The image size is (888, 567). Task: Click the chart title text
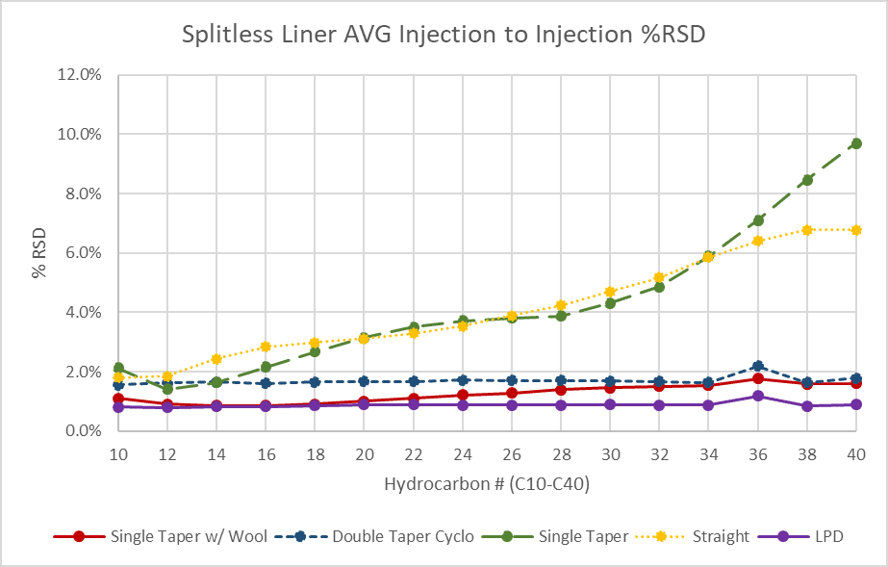[x=443, y=37]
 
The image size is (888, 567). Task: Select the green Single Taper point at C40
[x=856, y=143]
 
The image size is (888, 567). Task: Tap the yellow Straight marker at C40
[x=856, y=230]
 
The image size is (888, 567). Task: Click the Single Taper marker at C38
[x=807, y=180]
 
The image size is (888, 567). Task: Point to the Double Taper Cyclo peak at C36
[x=758, y=366]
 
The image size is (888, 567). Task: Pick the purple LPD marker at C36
[x=758, y=396]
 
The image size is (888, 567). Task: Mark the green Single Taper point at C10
[x=118, y=368]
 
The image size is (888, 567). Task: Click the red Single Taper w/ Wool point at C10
[x=118, y=399]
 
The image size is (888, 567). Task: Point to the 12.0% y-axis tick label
[x=82, y=74]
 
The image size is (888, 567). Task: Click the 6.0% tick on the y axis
[x=86, y=253]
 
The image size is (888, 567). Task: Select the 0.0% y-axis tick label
[x=86, y=431]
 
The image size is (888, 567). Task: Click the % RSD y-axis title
[x=39, y=253]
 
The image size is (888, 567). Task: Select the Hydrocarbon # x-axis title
[x=487, y=485]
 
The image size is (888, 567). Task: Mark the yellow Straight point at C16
[x=266, y=347]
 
